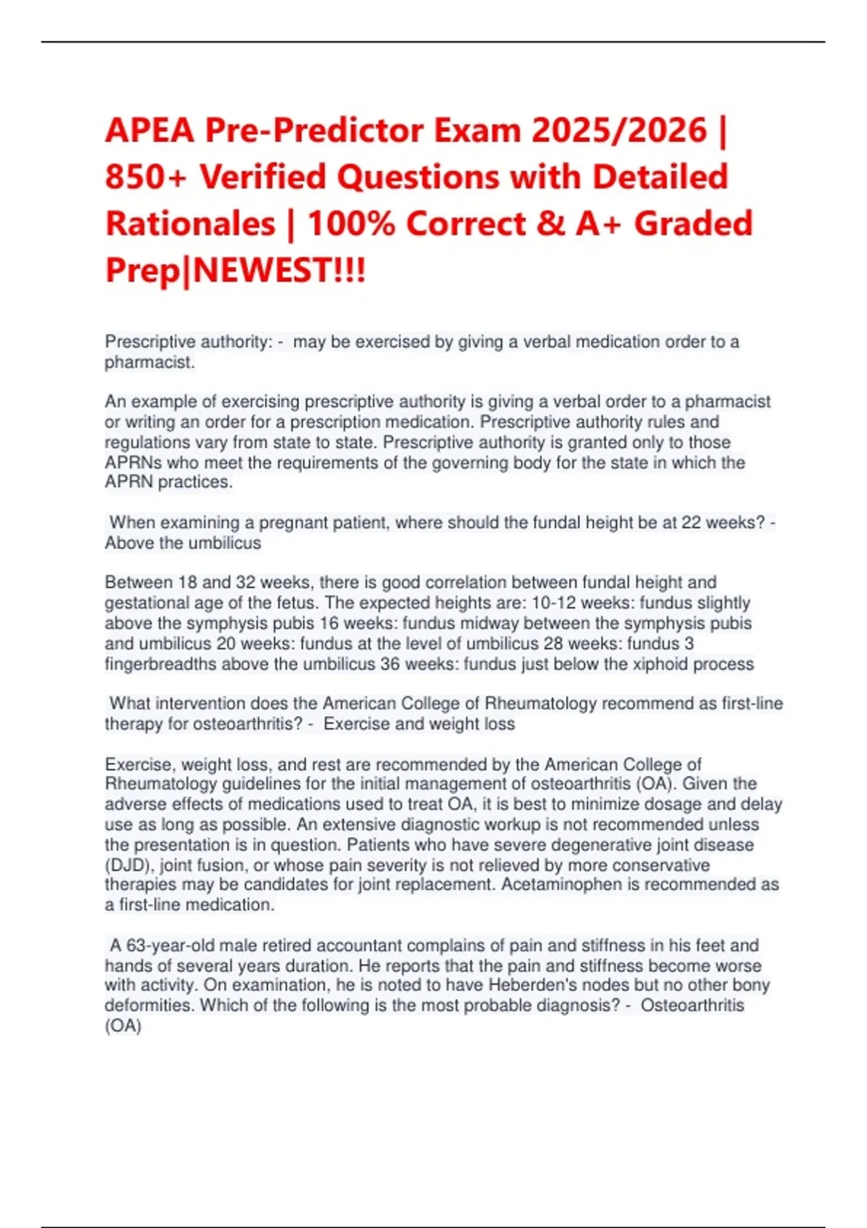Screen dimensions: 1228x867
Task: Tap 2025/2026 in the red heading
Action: [619, 131]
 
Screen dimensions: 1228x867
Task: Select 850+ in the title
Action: [146, 178]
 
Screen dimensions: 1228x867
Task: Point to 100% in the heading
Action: [351, 224]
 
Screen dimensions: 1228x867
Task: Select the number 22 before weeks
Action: [691, 522]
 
